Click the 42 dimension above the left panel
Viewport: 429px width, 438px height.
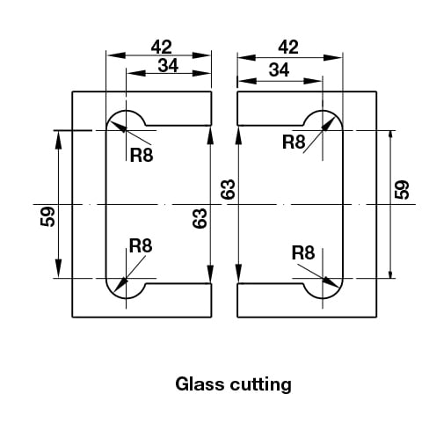161,47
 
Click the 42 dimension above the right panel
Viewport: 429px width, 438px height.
288,47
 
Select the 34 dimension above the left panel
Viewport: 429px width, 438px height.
168,65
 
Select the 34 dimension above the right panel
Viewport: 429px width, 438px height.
279,70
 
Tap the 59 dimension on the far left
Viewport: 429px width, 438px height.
47,216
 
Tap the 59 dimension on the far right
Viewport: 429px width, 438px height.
402,190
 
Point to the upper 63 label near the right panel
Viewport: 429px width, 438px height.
228,189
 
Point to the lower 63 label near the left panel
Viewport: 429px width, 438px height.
200,218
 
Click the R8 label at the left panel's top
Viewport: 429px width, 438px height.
142,155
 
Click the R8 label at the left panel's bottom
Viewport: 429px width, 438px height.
141,245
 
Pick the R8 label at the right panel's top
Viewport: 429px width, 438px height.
294,142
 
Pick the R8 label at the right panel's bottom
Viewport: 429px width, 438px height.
303,252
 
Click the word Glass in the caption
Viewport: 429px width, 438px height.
200,383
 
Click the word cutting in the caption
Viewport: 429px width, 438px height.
261,385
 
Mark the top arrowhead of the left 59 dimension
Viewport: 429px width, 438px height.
59,140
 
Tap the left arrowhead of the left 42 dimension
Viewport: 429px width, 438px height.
116,55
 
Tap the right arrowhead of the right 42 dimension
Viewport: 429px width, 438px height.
332,57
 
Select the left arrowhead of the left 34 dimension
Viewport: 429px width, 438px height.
136,73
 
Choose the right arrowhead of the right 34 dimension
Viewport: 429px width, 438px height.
313,81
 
